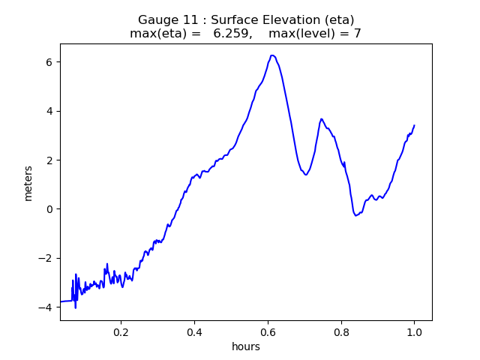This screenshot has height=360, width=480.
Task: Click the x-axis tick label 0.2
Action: click(121, 331)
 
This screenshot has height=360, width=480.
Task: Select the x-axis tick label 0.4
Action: click(194, 331)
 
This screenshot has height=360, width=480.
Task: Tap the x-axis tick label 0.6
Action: click(268, 331)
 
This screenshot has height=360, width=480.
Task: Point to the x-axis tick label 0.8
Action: click(341, 331)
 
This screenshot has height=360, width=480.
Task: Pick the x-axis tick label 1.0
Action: click(414, 331)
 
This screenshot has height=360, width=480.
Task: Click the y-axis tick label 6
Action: click(49, 61)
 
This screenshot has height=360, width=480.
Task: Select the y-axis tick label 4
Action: click(49, 111)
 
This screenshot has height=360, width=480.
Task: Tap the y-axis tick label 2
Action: click(49, 160)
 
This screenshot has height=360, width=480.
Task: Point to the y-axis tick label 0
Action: click(49, 209)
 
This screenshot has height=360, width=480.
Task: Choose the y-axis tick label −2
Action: click(46, 258)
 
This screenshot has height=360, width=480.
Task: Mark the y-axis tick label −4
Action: click(46, 307)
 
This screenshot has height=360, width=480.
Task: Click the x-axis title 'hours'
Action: click(246, 346)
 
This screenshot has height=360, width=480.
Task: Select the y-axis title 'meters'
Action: click(28, 183)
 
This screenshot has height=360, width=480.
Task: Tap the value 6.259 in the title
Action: click(232, 34)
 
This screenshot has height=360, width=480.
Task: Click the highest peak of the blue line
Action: click(272, 55)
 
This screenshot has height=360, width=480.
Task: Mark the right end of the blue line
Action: click(414, 125)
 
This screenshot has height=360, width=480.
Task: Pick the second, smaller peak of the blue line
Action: click(321, 118)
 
